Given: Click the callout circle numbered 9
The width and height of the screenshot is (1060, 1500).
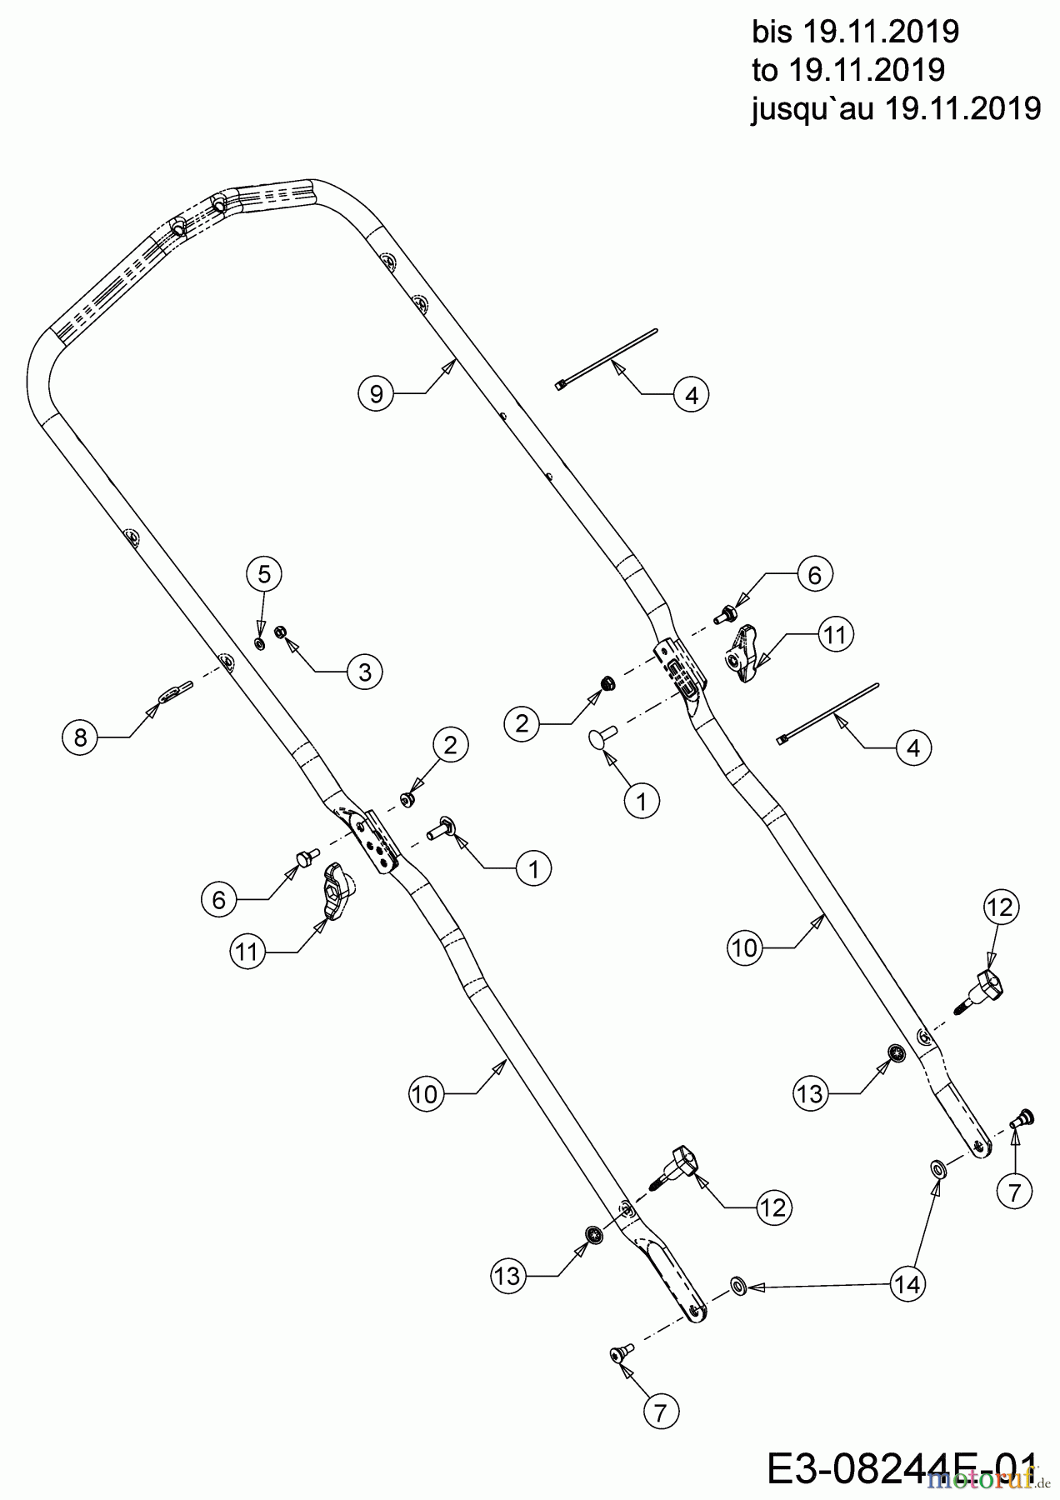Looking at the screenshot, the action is pos(376,392).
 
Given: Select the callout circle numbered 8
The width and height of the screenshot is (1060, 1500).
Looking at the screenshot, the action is pos(80,737).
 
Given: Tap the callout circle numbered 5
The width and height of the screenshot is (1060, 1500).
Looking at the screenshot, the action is pos(263,573).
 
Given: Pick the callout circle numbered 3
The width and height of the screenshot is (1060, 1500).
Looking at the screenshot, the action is pos(364,672).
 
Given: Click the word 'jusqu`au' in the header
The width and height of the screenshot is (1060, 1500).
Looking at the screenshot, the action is pos(813,108).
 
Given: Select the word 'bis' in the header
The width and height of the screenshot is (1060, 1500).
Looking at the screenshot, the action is pos(772,32).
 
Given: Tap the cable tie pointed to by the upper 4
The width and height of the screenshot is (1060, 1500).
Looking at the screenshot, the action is pos(607,358).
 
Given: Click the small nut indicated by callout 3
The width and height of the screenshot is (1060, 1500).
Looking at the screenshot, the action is pos(281,632).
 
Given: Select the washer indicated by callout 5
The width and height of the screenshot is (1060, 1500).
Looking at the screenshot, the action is pos(259,643).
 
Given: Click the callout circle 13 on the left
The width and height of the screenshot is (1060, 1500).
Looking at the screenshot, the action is pos(507,1276).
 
